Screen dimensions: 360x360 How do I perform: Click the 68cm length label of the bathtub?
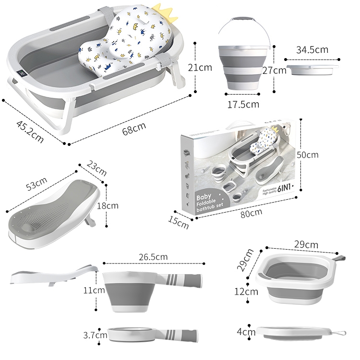pyautogui.click(x=134, y=129)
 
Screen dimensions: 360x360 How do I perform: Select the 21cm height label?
pyautogui.click(x=200, y=68)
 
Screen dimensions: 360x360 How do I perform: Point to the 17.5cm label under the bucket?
pyautogui.click(x=243, y=104)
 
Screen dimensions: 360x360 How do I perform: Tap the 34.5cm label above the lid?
pyautogui.click(x=312, y=49)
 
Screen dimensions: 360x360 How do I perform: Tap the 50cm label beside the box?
pyautogui.click(x=308, y=155)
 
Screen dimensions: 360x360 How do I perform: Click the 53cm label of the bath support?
pyautogui.click(x=36, y=184)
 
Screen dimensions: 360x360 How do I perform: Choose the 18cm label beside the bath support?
pyautogui.click(x=108, y=205)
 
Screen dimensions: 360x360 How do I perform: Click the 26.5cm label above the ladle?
pyautogui.click(x=153, y=257)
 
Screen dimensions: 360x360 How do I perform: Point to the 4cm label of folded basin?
pyautogui.click(x=246, y=331)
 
